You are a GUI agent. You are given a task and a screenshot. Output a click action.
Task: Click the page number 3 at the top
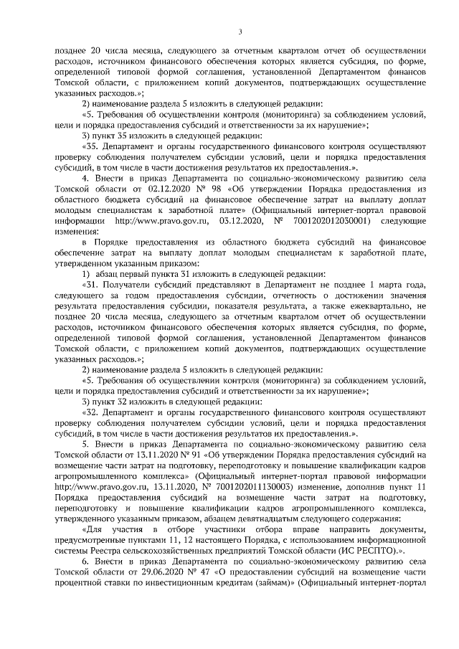point(240,31)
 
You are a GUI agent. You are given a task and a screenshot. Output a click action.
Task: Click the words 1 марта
point(372,282)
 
